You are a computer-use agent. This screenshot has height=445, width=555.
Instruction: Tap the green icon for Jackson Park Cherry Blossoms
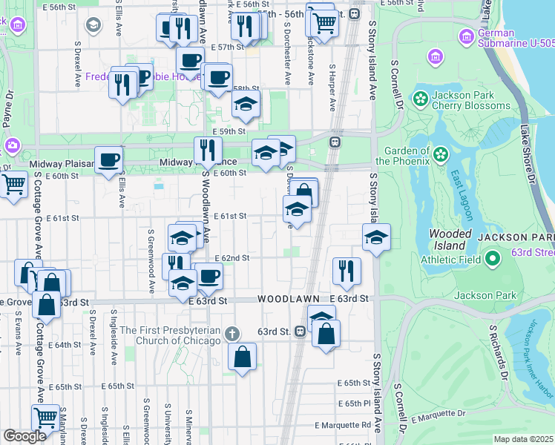coord(421,99)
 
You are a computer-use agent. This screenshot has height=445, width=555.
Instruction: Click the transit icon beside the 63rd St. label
coord(301,332)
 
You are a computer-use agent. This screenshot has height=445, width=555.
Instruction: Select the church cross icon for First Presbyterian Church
coord(232,334)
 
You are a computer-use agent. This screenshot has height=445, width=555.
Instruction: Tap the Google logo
coord(24,436)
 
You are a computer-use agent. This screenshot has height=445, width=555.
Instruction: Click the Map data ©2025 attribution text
coord(523,439)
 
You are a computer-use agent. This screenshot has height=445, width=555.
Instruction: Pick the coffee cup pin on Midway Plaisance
coord(109,160)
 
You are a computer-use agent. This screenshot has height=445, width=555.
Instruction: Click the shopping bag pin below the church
coord(243,357)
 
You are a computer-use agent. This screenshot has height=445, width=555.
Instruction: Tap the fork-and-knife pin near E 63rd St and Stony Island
coord(347,271)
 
